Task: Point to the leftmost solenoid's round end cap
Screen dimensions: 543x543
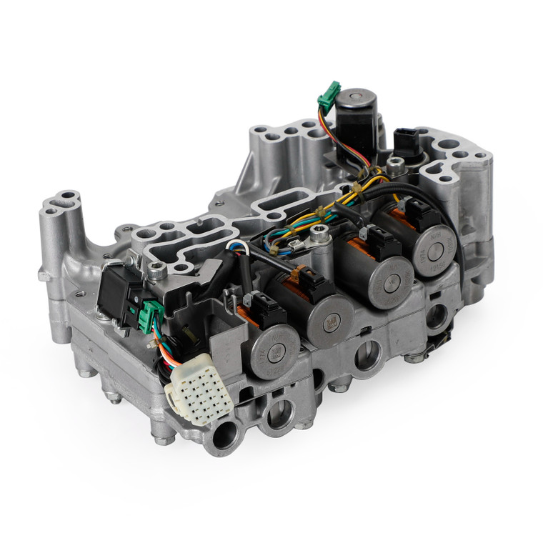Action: tap(275, 350)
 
